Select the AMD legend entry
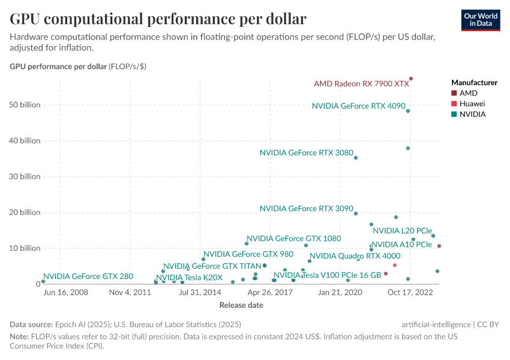click(468, 93)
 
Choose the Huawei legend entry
click(472, 104)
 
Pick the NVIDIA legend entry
click(472, 114)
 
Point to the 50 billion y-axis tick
click(25, 105)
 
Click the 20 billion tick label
click(25, 212)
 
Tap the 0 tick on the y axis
click(37, 284)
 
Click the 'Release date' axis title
click(241, 305)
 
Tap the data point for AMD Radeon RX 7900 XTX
click(411, 79)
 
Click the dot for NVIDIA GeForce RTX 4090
click(408, 111)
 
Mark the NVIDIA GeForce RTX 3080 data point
click(356, 158)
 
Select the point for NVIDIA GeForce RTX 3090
click(356, 214)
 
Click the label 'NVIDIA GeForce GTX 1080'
click(293, 238)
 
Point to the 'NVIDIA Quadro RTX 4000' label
click(355, 256)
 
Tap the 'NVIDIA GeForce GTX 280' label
click(88, 277)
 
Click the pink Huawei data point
click(395, 265)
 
